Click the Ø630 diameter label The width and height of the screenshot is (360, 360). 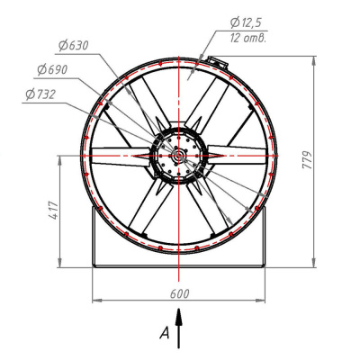point(74,46)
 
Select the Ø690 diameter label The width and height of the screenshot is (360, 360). point(52,70)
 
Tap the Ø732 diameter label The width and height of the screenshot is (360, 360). point(40,94)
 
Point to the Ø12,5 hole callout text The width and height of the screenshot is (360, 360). point(246,22)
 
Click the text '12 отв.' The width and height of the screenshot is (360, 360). point(248,38)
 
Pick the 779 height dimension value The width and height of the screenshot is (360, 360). point(307,160)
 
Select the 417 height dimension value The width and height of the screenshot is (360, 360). point(54,211)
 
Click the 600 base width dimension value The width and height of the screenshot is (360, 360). point(180,294)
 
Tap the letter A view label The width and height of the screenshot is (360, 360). point(165,333)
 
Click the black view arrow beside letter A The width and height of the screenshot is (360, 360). point(179,328)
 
